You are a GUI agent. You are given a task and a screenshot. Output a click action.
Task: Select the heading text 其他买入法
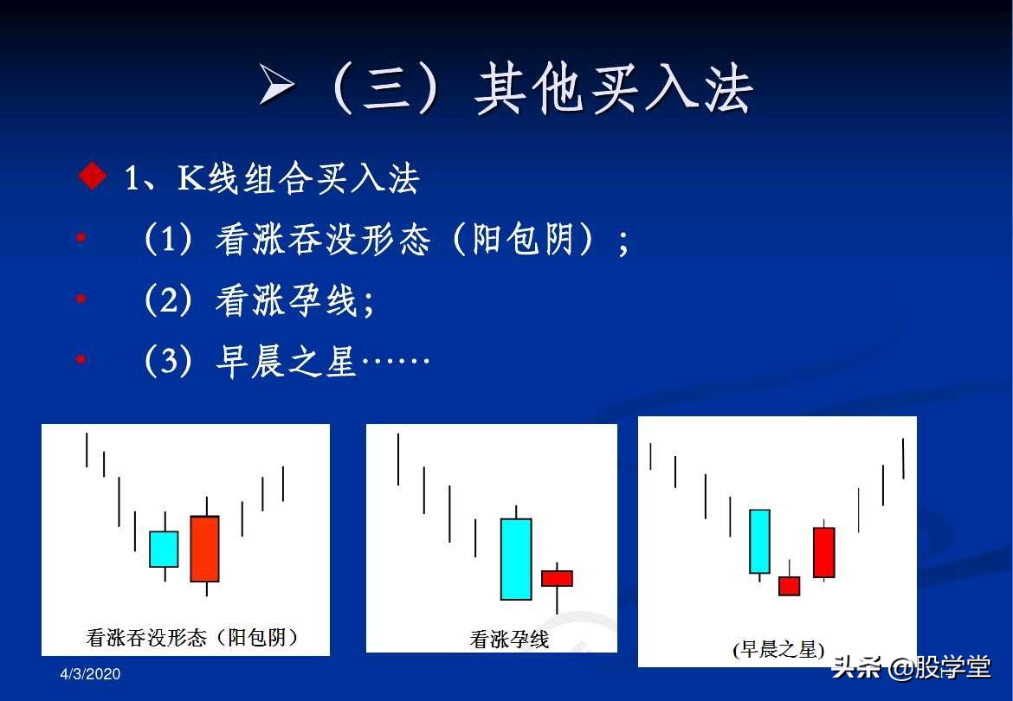tap(614, 89)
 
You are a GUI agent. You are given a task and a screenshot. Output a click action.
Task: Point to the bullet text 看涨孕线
tap(286, 301)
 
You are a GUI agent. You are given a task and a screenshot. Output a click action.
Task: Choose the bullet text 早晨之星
tap(286, 362)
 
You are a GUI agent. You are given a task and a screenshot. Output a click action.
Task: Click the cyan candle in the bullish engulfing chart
tap(164, 549)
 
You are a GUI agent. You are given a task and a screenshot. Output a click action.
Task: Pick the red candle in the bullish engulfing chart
tap(205, 549)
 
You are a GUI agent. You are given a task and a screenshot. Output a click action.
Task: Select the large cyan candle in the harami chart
tap(516, 558)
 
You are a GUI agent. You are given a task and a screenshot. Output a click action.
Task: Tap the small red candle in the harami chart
tap(557, 578)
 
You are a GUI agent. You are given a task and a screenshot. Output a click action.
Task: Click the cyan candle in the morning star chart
tap(759, 541)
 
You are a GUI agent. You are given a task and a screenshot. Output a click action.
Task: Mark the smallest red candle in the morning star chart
tap(789, 586)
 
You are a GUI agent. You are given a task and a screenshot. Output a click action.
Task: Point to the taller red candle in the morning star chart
tap(824, 552)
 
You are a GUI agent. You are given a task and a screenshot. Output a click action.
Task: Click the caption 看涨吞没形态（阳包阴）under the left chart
tap(192, 638)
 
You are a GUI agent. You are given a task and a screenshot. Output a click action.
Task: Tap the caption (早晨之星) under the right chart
tap(778, 650)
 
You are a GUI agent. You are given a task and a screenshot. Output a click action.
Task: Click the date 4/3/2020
tap(90, 673)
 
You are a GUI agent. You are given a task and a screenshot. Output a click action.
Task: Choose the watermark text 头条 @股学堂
tap(911, 667)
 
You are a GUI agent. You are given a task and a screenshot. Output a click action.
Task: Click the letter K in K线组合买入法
tap(190, 178)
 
